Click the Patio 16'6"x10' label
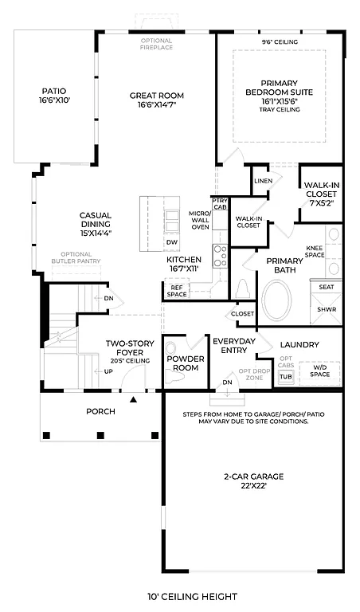[x=54, y=96]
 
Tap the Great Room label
[x=156, y=100]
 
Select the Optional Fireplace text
[x=156, y=45]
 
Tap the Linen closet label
[x=262, y=181]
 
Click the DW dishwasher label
[x=171, y=242]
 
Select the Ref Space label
[x=177, y=291]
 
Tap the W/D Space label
[x=320, y=370]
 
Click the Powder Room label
[x=186, y=363]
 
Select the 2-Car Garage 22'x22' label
[x=255, y=481]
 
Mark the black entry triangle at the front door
[x=134, y=398]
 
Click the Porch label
[x=100, y=411]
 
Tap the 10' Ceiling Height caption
[x=192, y=595]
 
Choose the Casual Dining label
[x=95, y=220]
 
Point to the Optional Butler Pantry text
[x=76, y=257]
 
